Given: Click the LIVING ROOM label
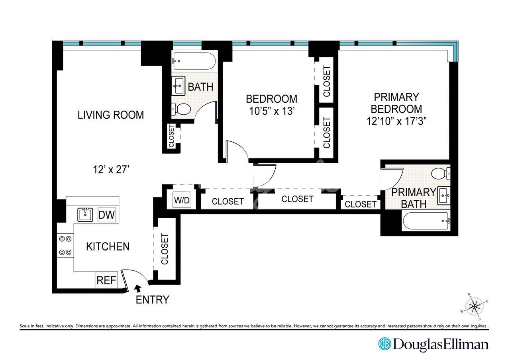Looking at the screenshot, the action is click(111, 115).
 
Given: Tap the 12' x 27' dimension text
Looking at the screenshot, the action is click(111, 170).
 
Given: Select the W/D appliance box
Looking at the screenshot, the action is click(182, 200).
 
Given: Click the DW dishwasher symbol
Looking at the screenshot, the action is click(106, 215).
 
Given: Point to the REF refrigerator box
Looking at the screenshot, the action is click(106, 280).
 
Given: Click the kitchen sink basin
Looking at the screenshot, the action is click(85, 215).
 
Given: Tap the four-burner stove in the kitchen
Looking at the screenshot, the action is click(65, 246).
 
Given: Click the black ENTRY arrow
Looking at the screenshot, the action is click(138, 288).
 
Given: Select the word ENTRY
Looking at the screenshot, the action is click(152, 300).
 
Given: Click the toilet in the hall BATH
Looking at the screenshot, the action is click(181, 109).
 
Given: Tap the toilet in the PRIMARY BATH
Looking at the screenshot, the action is click(441, 174).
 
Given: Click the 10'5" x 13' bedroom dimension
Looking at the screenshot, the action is click(272, 111).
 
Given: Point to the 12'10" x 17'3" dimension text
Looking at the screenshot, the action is click(396, 121).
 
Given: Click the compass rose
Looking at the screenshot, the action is click(475, 307).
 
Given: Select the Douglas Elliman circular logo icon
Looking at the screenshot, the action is click(385, 344).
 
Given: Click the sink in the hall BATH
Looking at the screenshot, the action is click(178, 86).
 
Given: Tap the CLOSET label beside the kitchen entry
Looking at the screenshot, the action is click(165, 249).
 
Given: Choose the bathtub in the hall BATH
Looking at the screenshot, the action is click(194, 61).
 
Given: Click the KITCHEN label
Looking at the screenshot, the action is click(108, 247).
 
